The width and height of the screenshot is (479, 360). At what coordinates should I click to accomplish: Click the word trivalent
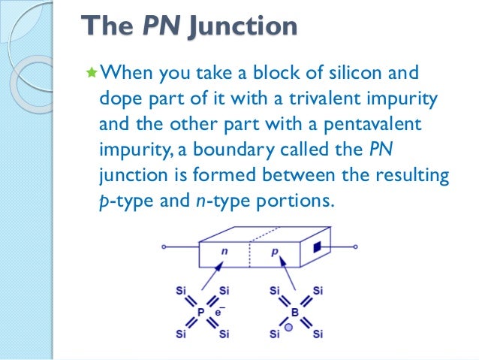pos(316,98)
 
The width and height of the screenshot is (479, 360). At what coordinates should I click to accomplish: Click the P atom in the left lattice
pos(200,310)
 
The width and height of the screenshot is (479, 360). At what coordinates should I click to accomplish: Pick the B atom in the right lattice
pos(294,310)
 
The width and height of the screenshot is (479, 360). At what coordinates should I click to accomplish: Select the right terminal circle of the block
pos(356,247)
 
